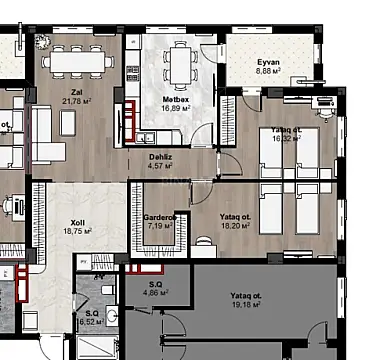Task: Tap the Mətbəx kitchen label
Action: coord(176,101)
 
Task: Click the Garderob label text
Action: coord(160,217)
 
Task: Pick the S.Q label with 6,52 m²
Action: coord(91,314)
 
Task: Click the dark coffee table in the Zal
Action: coord(69,122)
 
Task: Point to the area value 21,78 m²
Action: coord(76,100)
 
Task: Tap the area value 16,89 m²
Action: coord(176,110)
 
